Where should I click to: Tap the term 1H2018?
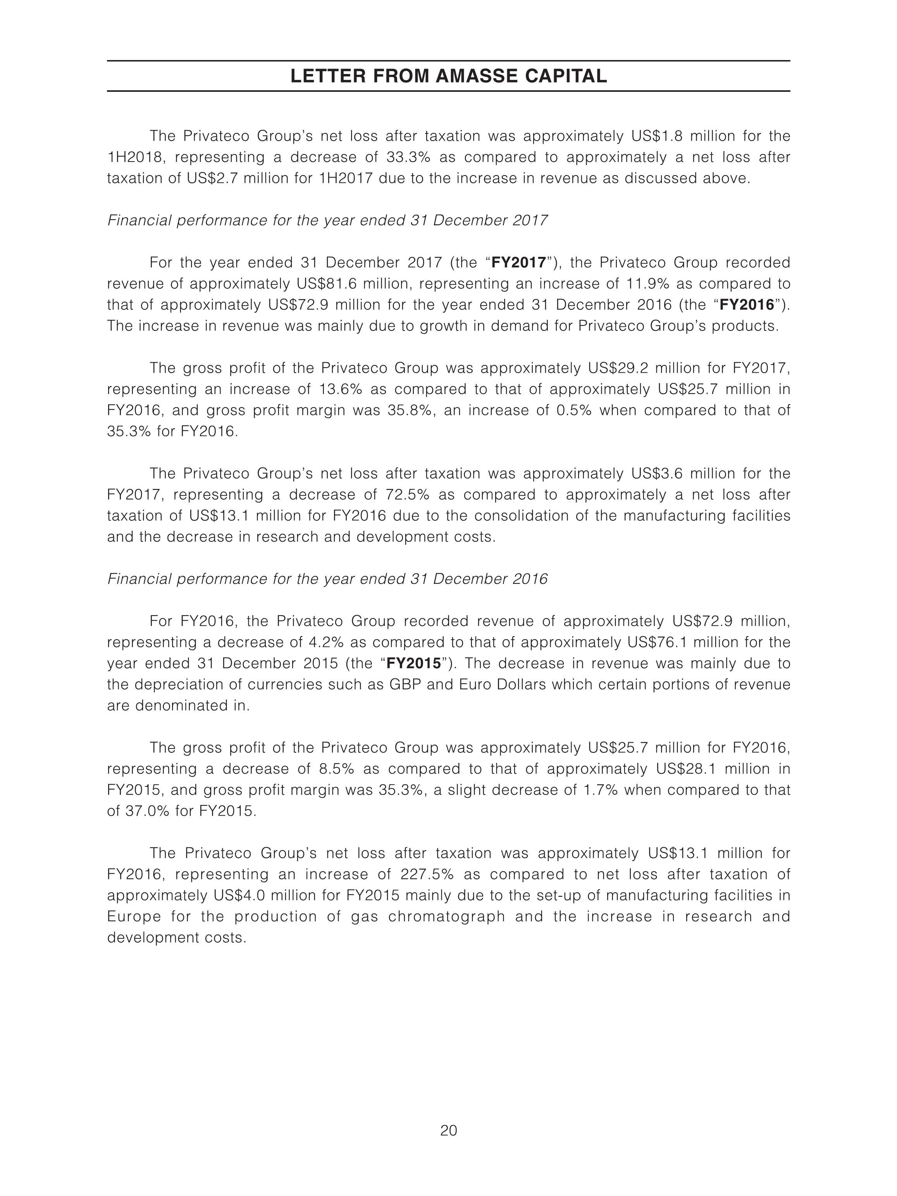137,157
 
